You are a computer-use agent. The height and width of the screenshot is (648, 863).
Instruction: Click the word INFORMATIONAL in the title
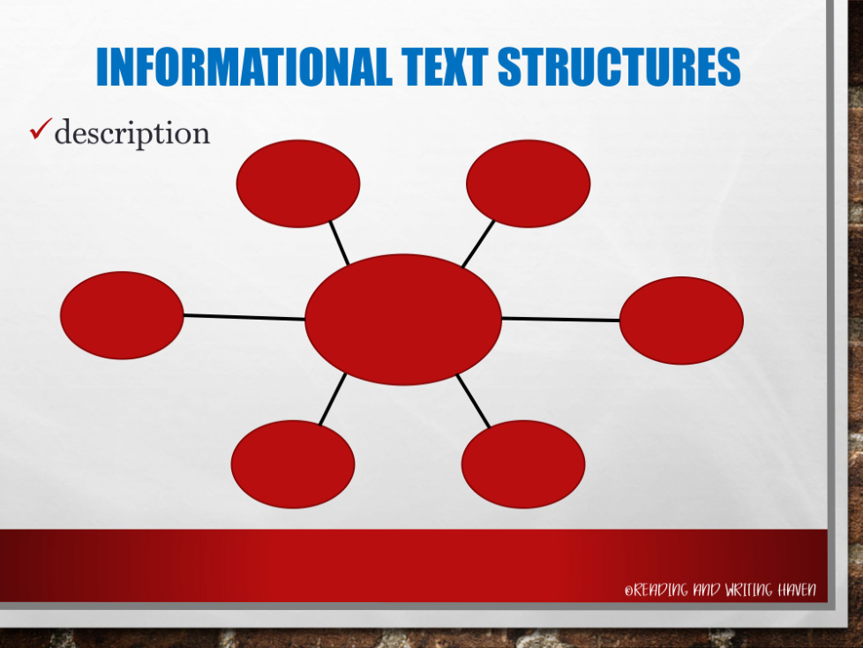click(244, 66)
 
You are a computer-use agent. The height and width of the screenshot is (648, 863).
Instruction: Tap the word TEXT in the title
click(445, 66)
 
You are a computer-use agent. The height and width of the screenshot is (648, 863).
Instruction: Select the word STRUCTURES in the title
click(619, 66)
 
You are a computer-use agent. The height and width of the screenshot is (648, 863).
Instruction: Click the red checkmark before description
click(41, 129)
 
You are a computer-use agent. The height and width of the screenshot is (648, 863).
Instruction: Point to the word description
click(132, 133)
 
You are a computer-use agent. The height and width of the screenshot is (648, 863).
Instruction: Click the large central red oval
click(403, 320)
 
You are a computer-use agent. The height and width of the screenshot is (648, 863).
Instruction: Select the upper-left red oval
click(297, 184)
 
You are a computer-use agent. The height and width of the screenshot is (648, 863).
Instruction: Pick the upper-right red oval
click(529, 184)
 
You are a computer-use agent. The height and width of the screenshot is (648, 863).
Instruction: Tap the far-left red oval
click(122, 315)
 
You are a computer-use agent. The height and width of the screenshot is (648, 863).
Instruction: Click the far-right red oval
click(681, 320)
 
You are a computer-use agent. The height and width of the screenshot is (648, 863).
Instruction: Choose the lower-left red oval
click(293, 464)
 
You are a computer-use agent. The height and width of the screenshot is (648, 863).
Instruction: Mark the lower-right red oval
click(523, 464)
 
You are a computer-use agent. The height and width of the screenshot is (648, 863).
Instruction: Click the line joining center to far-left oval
click(244, 317)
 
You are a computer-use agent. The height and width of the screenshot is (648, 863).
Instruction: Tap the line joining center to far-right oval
click(561, 319)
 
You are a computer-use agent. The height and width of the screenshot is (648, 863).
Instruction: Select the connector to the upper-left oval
click(339, 243)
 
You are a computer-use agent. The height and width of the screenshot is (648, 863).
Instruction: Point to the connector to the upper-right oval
click(477, 244)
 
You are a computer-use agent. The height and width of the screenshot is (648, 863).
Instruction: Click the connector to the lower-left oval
click(333, 399)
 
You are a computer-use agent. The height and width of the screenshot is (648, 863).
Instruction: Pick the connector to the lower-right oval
click(473, 401)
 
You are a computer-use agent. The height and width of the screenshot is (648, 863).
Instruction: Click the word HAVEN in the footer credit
click(797, 590)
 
